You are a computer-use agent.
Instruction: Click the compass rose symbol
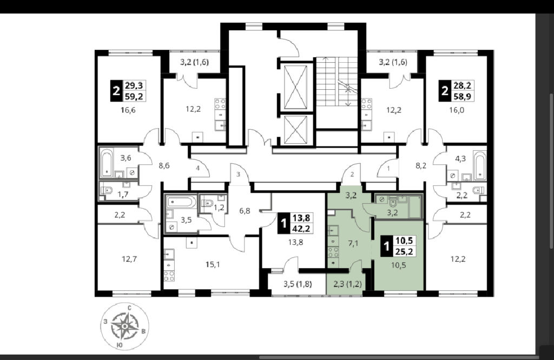[125, 326]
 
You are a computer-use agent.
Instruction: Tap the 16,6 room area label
[128, 110]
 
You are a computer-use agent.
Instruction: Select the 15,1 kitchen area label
[212, 264]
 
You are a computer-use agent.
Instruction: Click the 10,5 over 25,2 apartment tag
[398, 246]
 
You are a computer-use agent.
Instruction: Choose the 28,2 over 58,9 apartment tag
[457, 91]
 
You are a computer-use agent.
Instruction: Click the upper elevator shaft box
[296, 87]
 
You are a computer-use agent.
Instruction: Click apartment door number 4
[198, 168]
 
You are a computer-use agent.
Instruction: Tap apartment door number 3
[238, 175]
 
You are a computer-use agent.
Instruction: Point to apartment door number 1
[388, 169]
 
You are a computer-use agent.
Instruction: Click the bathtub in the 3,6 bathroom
[107, 163]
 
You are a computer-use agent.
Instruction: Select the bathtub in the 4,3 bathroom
[479, 164]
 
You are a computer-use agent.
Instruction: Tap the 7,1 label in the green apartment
[353, 243]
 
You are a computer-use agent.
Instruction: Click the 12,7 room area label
[129, 259]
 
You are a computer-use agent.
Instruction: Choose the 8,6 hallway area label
[164, 165]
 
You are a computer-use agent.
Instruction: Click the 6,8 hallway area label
[245, 211]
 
